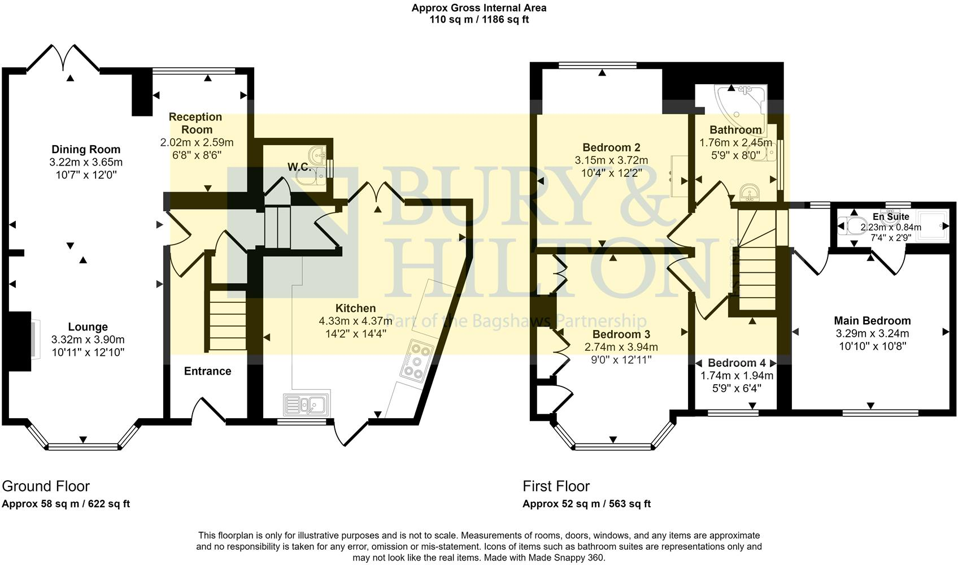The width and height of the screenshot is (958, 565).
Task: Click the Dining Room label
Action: pyautogui.click(x=86, y=149)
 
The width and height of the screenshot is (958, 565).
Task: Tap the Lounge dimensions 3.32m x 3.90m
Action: pyautogui.click(x=88, y=340)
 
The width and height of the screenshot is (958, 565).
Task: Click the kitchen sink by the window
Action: pyautogui.click(x=306, y=404)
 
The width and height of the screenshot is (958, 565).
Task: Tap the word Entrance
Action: pyautogui.click(x=207, y=371)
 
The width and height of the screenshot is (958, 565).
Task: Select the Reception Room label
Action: pyautogui.click(x=195, y=123)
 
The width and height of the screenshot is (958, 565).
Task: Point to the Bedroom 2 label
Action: pyautogui.click(x=611, y=148)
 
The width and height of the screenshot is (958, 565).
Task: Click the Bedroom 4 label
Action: pyautogui.click(x=732, y=363)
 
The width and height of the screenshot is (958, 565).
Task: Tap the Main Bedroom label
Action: pyautogui.click(x=872, y=321)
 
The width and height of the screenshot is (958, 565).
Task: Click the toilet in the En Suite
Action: pyautogui.click(x=849, y=225)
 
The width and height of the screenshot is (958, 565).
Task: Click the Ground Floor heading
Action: pyautogui.click(x=46, y=486)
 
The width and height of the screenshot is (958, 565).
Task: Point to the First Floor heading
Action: pyautogui.click(x=556, y=486)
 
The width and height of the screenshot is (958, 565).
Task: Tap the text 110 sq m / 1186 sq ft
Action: pyautogui.click(x=478, y=19)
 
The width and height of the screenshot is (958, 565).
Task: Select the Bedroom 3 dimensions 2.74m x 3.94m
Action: pyautogui.click(x=621, y=347)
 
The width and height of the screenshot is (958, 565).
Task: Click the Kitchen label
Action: pyautogui.click(x=355, y=308)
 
